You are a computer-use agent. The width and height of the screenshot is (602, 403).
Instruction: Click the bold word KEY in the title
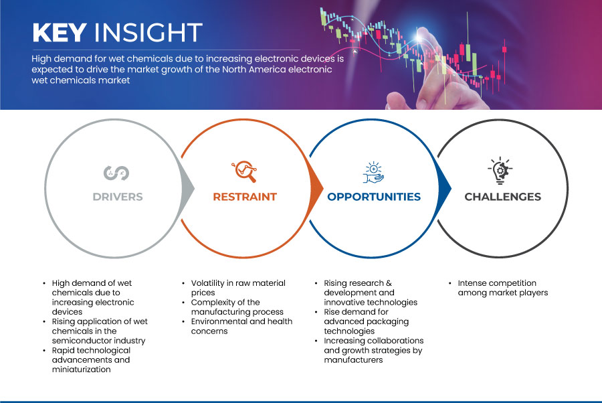click(60, 32)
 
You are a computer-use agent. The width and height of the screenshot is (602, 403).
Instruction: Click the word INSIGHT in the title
click(148, 32)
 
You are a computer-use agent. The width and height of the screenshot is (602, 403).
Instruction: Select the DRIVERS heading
click(118, 197)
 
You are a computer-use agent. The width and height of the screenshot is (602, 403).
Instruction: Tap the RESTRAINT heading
click(245, 197)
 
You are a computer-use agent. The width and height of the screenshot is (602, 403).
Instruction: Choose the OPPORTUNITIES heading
click(374, 197)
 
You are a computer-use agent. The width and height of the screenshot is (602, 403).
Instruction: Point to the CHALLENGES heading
click(502, 197)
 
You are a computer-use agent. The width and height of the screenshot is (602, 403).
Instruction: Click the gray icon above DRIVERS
click(116, 173)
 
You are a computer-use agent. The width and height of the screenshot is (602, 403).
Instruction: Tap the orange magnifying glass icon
click(244, 171)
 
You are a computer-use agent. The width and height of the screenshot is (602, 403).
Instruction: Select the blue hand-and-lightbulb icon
click(373, 173)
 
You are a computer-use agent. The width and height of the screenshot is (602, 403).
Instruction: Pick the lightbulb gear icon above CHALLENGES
click(500, 171)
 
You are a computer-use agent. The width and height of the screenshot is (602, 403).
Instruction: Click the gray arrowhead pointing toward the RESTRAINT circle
click(187, 188)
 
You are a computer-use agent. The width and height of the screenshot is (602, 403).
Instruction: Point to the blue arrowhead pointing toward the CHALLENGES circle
click(444, 188)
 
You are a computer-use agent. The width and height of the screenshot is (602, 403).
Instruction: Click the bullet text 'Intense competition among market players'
click(502, 288)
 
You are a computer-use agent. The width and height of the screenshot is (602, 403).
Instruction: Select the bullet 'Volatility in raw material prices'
click(238, 288)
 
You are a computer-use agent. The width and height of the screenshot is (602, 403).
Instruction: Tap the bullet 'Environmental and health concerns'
click(241, 326)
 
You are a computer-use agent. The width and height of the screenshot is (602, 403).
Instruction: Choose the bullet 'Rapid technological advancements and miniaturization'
click(91, 359)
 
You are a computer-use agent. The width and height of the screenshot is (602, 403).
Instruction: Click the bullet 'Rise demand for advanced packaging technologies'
click(367, 321)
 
